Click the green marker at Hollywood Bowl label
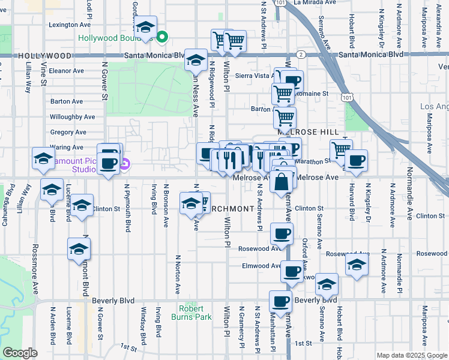pyautogui.click(x=161, y=38)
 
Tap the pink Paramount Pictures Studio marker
pyautogui.click(x=124, y=164)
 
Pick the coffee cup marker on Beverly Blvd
pyautogui.click(x=280, y=300)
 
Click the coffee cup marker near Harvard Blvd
pyautogui.click(x=356, y=160)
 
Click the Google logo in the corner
pyautogui.click(x=19, y=353)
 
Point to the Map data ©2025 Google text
pyautogui.click(x=412, y=355)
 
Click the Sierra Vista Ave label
pyautogui.click(x=255, y=76)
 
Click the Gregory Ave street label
pyautogui.click(x=68, y=132)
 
